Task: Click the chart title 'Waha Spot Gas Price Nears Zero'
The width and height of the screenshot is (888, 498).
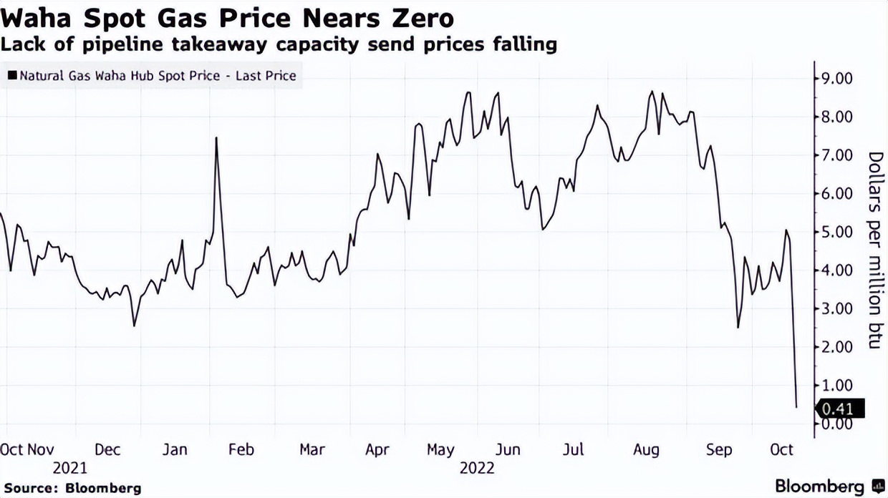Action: click(227, 17)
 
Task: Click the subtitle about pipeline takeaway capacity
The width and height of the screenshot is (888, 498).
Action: click(279, 45)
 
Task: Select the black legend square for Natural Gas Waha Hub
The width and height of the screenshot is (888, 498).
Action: click(12, 75)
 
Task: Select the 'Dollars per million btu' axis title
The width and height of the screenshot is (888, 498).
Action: click(874, 250)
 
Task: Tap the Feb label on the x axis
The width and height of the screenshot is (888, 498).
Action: click(241, 450)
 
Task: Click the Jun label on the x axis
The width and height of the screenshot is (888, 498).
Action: click(508, 450)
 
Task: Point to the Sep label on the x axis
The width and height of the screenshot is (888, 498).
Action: click(719, 450)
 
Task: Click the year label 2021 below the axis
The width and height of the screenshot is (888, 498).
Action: click(69, 469)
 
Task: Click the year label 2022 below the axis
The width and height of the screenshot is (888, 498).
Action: click(477, 469)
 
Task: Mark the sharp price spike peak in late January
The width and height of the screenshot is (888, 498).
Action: click(216, 137)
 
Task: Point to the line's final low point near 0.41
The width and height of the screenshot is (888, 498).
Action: click(796, 407)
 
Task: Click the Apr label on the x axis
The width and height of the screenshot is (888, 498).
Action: click(377, 450)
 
